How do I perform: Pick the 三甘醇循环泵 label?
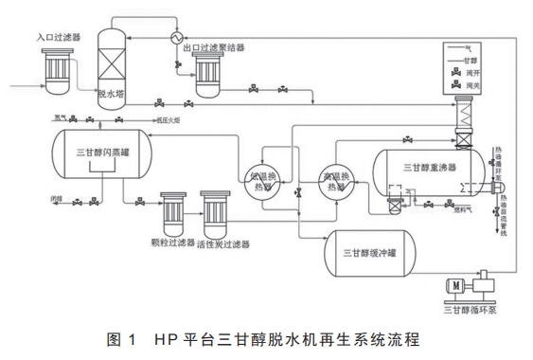click(x=471, y=308)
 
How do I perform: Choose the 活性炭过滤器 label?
click(x=222, y=244)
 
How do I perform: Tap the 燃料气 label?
click(x=411, y=210)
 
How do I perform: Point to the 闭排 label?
click(x=48, y=200)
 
